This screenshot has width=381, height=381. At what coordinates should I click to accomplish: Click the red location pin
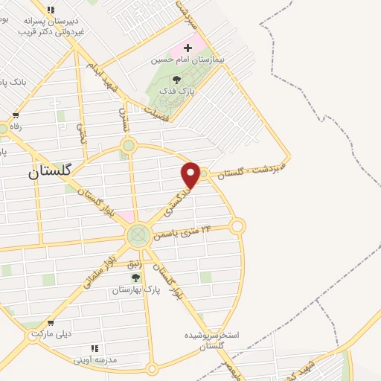tap(191, 175)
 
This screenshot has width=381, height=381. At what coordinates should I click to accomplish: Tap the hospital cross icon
tap(188, 48)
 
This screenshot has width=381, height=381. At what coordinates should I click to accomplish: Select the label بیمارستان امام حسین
tap(187, 59)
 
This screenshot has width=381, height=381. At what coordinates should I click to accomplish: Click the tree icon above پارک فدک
tap(176, 80)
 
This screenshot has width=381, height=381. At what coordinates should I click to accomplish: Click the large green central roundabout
tap(137, 235)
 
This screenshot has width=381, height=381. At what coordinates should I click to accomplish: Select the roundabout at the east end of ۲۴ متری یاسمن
tap(237, 225)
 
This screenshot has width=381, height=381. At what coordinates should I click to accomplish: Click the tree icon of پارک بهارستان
tap(135, 278)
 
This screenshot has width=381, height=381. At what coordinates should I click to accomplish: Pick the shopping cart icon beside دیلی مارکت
tap(50, 324)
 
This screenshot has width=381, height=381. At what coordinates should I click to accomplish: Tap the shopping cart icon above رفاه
tap(16, 115)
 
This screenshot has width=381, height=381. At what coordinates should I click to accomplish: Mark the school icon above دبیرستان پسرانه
tap(51, 10)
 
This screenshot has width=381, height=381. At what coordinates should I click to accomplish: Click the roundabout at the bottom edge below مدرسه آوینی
tap(152, 368)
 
